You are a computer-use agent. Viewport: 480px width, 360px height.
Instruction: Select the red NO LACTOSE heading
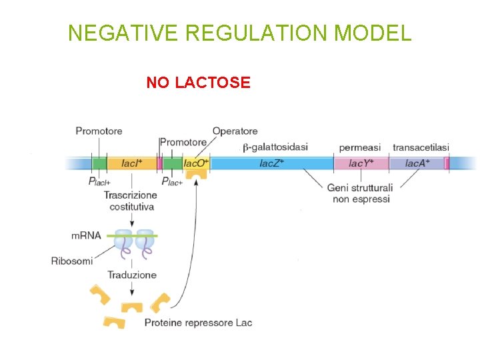coord(198,83)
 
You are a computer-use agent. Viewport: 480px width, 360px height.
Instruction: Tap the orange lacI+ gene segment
coord(131,163)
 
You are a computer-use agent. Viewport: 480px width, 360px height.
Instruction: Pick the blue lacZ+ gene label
coord(271,163)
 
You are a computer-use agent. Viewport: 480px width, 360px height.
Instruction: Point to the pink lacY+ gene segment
coord(361,163)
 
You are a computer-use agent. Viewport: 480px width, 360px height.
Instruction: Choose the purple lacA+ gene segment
coord(417,163)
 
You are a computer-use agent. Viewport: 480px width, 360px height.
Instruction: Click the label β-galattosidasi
coord(275,147)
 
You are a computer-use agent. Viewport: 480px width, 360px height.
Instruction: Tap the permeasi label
coord(359,147)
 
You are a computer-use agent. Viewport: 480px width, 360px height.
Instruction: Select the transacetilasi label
coord(421,147)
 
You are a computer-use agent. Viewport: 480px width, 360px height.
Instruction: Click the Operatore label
coord(235,131)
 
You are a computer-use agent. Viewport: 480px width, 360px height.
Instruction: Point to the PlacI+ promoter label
coord(99,181)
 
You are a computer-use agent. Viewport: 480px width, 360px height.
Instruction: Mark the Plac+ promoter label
coord(172,181)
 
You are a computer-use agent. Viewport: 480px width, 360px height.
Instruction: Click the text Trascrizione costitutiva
coord(131,201)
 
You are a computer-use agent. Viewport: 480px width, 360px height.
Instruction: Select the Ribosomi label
coord(71,261)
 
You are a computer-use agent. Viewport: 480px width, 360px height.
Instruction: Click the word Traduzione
coord(132,275)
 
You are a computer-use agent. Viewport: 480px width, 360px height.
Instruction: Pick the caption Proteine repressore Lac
coord(198,323)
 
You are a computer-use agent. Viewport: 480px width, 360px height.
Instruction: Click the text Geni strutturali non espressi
coord(360,193)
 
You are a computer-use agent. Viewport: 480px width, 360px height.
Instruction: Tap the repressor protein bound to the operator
coord(196,175)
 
